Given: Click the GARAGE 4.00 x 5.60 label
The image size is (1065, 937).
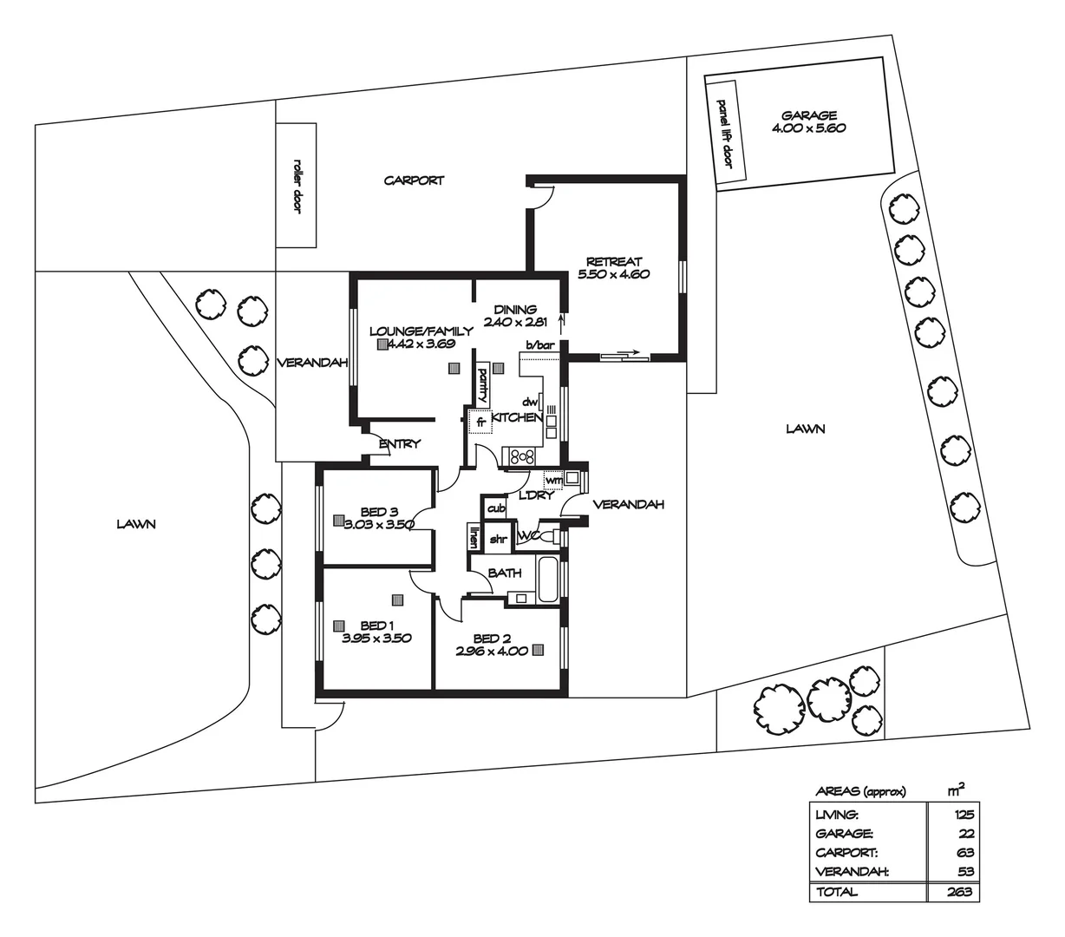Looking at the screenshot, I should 808,121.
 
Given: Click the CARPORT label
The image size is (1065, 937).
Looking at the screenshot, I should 414,180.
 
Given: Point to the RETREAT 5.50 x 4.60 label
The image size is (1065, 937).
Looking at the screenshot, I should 613,267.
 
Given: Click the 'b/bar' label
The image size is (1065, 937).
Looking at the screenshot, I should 540,345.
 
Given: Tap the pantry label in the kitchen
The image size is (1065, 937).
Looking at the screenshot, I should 483,385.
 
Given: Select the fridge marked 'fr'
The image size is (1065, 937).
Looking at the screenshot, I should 479,423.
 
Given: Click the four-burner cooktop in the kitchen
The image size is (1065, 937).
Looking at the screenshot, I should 523,455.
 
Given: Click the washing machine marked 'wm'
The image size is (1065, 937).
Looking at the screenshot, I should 552,479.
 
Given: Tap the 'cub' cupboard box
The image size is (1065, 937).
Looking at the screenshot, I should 496,508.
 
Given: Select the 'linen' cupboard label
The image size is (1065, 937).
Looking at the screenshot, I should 474,537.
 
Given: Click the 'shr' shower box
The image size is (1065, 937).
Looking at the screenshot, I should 498,539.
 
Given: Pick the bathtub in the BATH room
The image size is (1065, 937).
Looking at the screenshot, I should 548,580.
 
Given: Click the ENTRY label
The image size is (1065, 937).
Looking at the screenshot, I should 399,444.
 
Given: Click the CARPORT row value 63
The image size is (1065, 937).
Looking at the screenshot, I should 964,853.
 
